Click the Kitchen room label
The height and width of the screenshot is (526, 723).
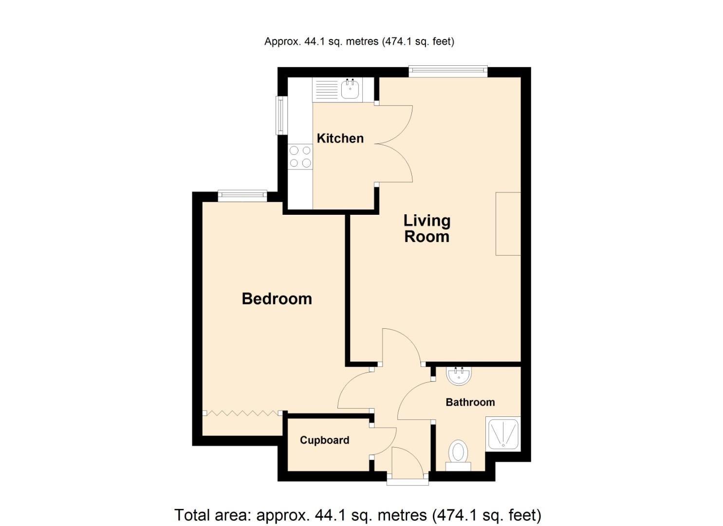click(x=340, y=138)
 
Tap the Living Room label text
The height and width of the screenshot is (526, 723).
click(x=426, y=228)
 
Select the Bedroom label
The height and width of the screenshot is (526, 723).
click(x=277, y=299)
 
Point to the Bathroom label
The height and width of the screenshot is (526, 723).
click(x=470, y=402)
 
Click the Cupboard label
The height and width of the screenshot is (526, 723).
click(x=324, y=440)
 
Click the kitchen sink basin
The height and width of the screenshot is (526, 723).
click(x=350, y=90)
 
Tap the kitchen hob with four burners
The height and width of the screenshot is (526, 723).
click(x=300, y=157)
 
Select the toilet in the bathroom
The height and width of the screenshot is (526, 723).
click(x=458, y=453)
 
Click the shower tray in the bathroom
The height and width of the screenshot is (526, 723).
click(x=503, y=433)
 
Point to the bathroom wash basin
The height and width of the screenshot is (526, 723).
click(x=459, y=375)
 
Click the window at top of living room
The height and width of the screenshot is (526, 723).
click(x=448, y=72)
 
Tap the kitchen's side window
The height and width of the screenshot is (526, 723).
click(x=280, y=115)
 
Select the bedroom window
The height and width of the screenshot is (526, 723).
click(x=242, y=196)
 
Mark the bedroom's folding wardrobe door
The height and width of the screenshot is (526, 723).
click(x=242, y=413)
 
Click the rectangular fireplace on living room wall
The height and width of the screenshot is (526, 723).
click(x=508, y=224)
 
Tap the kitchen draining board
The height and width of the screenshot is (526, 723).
click(x=326, y=90)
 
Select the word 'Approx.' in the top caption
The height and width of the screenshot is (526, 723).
click(x=282, y=41)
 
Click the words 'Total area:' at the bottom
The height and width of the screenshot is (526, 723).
click(x=213, y=515)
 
